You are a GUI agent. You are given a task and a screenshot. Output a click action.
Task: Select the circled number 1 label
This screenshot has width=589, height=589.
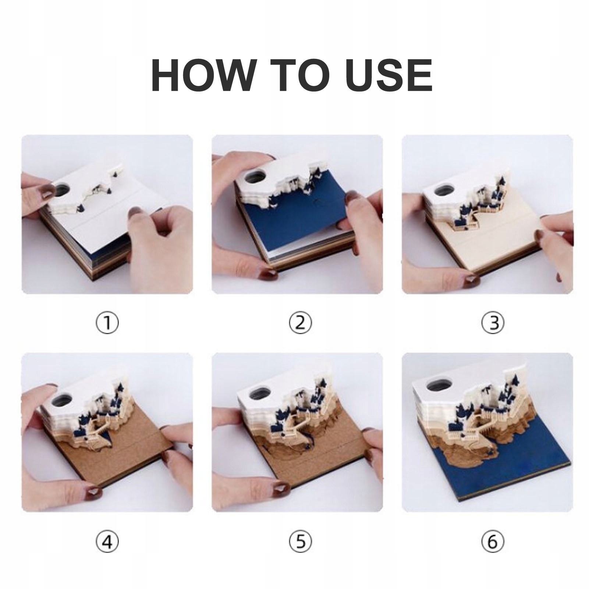pyautogui.click(x=107, y=323)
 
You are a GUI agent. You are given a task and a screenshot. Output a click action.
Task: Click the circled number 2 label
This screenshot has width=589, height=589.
pyautogui.click(x=300, y=323)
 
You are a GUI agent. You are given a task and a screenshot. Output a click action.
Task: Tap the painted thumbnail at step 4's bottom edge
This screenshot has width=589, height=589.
pyautogui.click(x=95, y=489)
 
